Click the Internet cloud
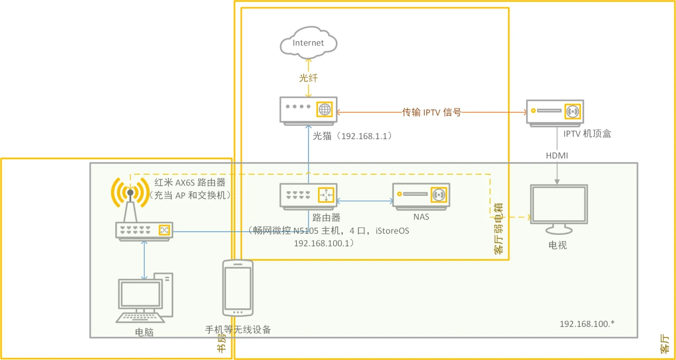pyautogui.click(x=308, y=43)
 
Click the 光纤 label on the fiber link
pyautogui.click(x=308, y=78)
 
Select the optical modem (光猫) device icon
pyautogui.click(x=308, y=110)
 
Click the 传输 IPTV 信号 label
pyautogui.click(x=432, y=112)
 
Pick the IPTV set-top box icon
pyautogui.click(x=555, y=112)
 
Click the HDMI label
pyautogui.click(x=557, y=155)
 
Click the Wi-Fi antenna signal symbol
pyautogui.click(x=130, y=193)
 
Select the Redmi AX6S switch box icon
pyautogui.click(x=144, y=231)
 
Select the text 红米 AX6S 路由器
pyautogui.click(x=190, y=183)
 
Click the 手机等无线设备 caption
pyautogui.click(x=238, y=330)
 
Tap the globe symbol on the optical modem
pyautogui.click(x=324, y=109)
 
